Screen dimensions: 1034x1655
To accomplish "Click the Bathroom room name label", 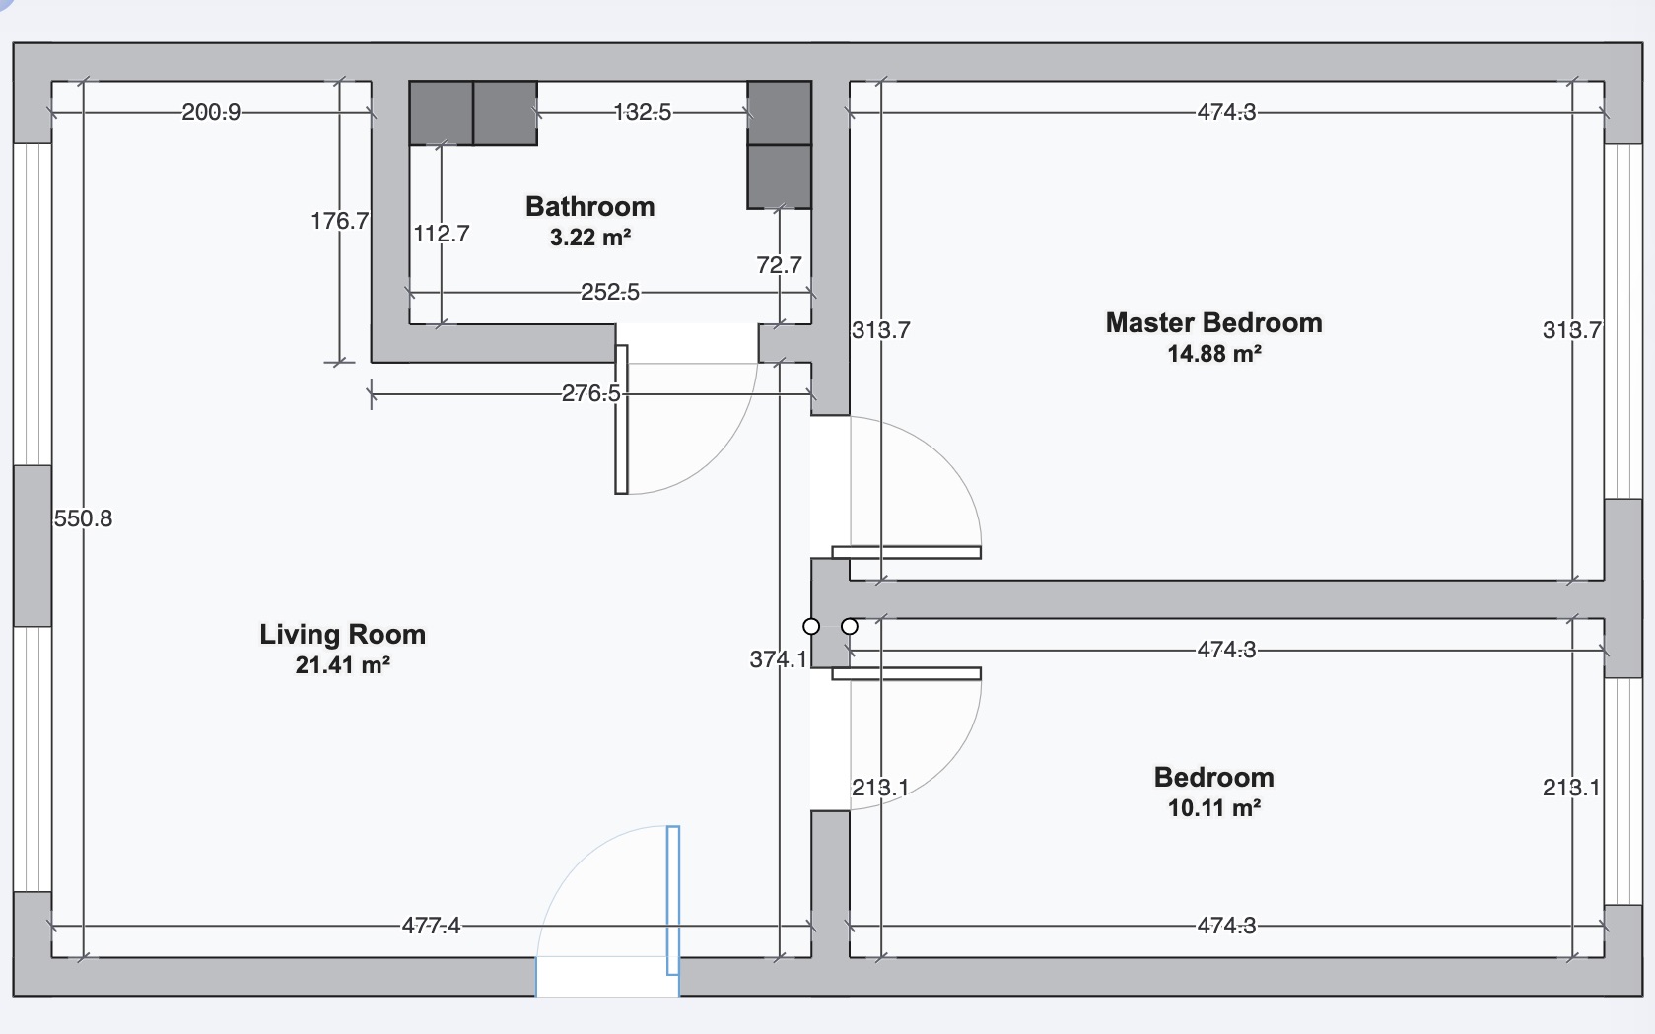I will pyautogui.click(x=589, y=207).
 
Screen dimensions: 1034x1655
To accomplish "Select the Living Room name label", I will pyautogui.click(x=342, y=635).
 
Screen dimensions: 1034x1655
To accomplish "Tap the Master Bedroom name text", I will pyautogui.click(x=1213, y=323).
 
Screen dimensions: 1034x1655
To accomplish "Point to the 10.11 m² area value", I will pyautogui.click(x=1213, y=809).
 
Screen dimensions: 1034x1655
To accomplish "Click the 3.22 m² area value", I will pyautogui.click(x=589, y=238).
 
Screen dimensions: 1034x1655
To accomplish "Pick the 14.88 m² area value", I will pyautogui.click(x=1213, y=354).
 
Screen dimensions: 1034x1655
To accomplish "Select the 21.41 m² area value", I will pyautogui.click(x=342, y=665).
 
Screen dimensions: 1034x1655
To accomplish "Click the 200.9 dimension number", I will pyautogui.click(x=211, y=113).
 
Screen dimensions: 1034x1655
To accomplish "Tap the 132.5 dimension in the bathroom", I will pyautogui.click(x=642, y=113).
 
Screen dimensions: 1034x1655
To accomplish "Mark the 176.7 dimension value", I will pyautogui.click(x=339, y=221).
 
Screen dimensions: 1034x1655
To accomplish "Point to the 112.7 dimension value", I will pyautogui.click(x=441, y=235).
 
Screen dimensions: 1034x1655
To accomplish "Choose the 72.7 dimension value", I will pyautogui.click(x=779, y=265).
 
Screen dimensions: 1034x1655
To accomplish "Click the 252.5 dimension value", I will pyautogui.click(x=609, y=293).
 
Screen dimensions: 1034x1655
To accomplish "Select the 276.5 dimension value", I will pyautogui.click(x=590, y=394).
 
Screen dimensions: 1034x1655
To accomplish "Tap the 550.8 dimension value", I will pyautogui.click(x=83, y=518).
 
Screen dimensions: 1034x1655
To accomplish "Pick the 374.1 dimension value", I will pyautogui.click(x=778, y=659).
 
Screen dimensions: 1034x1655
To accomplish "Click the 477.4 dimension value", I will pyautogui.click(x=431, y=927).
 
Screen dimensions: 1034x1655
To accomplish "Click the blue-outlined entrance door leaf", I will pyautogui.click(x=673, y=900).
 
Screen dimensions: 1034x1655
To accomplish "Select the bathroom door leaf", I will pyautogui.click(x=621, y=419).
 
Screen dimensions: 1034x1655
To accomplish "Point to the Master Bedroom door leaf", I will pyautogui.click(x=906, y=552).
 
